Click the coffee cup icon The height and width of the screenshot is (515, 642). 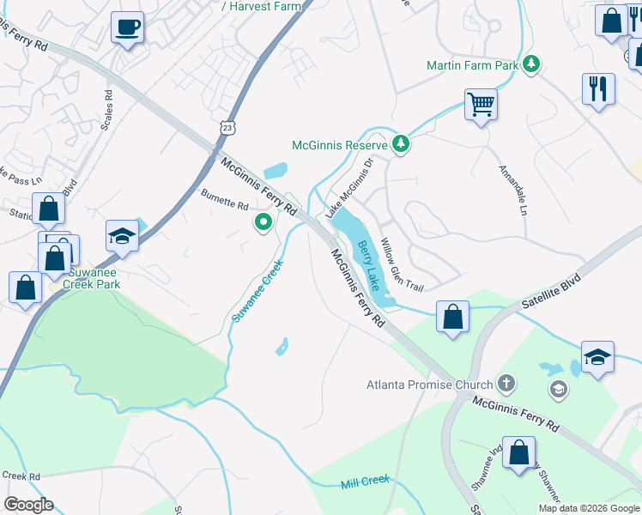click(x=127, y=27)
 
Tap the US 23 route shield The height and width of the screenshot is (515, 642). click(x=226, y=127)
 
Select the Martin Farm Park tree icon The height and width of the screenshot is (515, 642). click(x=532, y=64)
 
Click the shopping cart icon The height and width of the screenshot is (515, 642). click(x=481, y=106)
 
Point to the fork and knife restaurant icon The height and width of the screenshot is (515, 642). click(x=597, y=88)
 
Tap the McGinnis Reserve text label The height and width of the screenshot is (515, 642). click(x=341, y=145)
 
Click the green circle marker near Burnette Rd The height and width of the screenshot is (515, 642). click(x=263, y=223)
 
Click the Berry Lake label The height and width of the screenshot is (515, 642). click(x=368, y=264)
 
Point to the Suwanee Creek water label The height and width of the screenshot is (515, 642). click(x=257, y=292)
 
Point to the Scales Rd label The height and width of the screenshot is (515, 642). click(x=107, y=110)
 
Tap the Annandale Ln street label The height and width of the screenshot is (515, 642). click(x=512, y=190)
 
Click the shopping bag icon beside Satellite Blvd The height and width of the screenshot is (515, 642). click(x=452, y=316)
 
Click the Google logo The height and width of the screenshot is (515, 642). click(x=28, y=505)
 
